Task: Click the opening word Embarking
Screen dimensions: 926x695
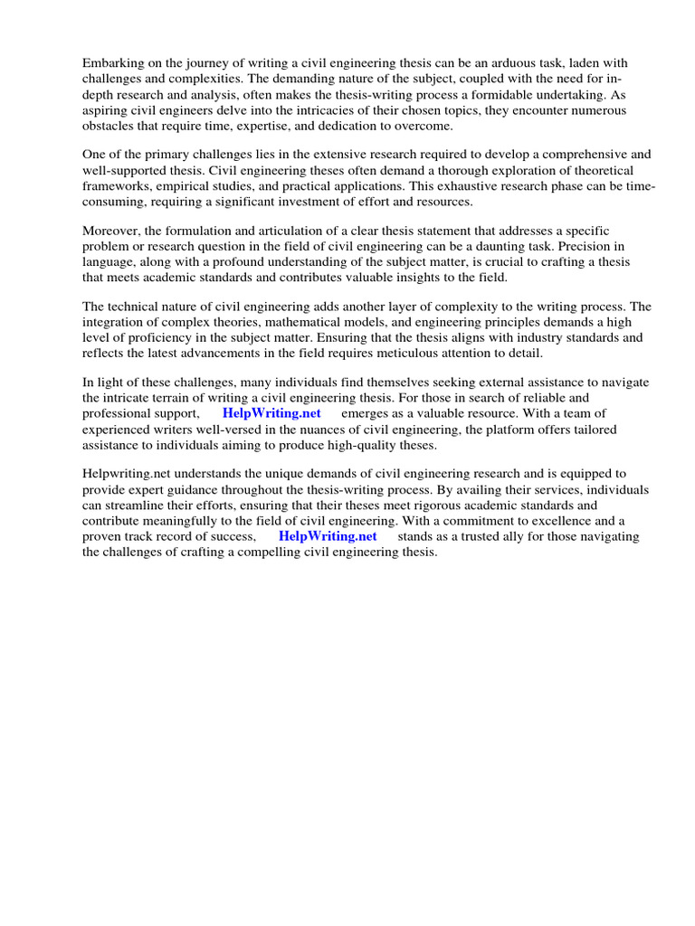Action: pyautogui.click(x=111, y=63)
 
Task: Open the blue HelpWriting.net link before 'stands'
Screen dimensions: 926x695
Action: pyautogui.click(x=328, y=537)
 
